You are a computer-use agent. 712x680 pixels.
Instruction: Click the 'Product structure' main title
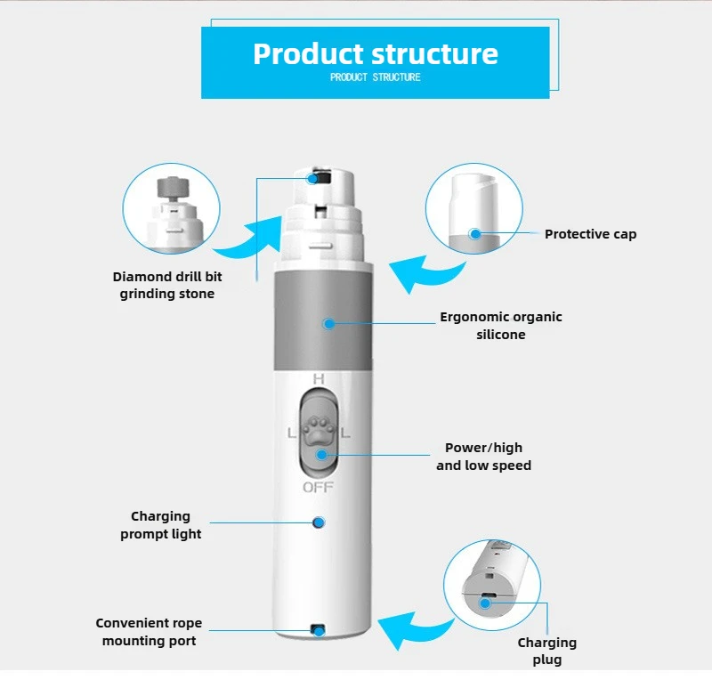(x=375, y=53)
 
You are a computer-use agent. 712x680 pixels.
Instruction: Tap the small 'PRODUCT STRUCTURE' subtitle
(x=375, y=77)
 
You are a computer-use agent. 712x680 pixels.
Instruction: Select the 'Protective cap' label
(x=590, y=234)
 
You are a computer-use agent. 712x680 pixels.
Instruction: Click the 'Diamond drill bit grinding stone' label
(x=167, y=285)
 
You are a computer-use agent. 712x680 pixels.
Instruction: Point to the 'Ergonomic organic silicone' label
(x=501, y=326)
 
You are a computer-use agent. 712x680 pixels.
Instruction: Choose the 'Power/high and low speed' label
(x=483, y=457)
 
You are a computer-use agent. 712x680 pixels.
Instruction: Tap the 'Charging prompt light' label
(x=160, y=525)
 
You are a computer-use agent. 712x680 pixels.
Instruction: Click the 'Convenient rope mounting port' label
(x=149, y=632)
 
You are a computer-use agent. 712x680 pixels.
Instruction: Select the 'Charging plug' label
(x=547, y=651)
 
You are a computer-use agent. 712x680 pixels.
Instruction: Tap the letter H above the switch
(x=318, y=380)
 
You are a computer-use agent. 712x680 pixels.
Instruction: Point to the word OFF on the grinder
(x=318, y=487)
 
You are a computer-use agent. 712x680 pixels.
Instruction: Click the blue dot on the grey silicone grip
(x=328, y=324)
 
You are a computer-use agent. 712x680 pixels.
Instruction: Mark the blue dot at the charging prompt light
(x=318, y=522)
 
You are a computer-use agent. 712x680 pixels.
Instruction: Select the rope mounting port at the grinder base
(x=317, y=630)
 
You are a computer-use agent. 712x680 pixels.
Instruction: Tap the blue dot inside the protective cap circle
(x=475, y=234)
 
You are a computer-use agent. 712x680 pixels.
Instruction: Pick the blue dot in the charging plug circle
(x=486, y=603)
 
